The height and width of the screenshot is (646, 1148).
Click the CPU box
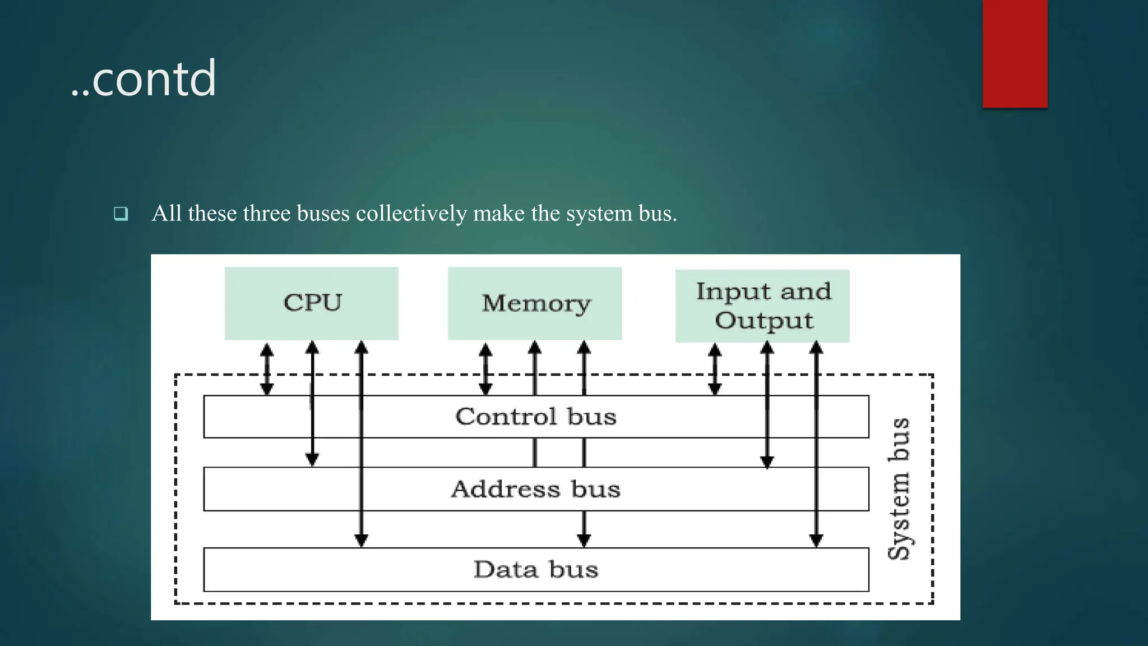pos(312,303)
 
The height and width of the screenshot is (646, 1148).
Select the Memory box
pos(535,303)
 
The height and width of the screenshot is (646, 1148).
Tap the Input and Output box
pos(762,306)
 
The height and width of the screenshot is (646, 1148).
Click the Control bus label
pos(535,417)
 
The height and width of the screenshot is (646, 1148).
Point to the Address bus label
pos(535,489)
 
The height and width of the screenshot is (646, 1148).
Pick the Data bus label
pos(535,569)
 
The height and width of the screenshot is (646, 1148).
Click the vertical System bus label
pos(899,488)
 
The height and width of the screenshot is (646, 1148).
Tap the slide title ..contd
pos(143,79)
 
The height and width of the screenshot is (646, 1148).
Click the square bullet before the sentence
pos(121,214)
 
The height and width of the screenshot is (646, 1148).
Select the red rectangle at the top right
pos(1015,53)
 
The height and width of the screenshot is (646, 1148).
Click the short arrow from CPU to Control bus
pos(267,368)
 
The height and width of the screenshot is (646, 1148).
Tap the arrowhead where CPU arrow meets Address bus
pos(312,460)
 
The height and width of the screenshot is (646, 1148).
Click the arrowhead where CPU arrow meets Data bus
pos(362,541)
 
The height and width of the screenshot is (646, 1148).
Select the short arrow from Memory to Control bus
pos(485,368)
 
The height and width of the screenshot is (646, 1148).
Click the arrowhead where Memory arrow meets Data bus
pos(584,541)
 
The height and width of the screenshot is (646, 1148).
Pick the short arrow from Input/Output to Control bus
pos(715,368)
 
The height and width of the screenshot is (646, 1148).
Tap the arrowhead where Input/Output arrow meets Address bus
pos(767,462)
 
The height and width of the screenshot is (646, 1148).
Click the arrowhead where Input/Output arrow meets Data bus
pos(816,541)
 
